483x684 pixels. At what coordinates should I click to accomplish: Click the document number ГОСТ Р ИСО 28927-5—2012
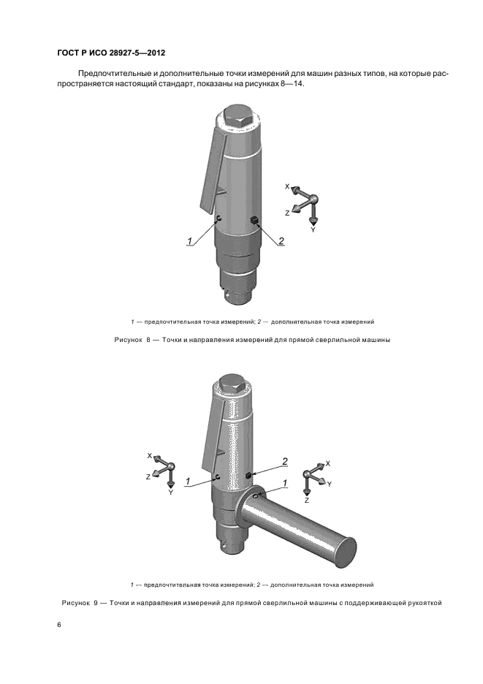[x=111, y=53]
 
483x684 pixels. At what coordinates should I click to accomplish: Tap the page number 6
[x=59, y=625]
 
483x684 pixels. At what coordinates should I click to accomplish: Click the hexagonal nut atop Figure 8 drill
[x=237, y=118]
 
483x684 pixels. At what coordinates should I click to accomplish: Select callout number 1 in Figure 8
[x=190, y=241]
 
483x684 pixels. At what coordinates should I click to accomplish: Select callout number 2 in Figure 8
[x=281, y=241]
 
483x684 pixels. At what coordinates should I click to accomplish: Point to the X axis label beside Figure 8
[x=287, y=186]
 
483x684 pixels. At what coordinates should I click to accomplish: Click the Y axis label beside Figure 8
[x=313, y=230]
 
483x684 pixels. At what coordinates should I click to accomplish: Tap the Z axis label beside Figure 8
[x=287, y=213]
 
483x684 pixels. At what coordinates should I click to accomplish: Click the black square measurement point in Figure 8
[x=254, y=221]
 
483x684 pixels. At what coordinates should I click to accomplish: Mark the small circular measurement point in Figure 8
[x=219, y=218]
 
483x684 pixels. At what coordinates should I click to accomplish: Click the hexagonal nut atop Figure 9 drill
[x=235, y=386]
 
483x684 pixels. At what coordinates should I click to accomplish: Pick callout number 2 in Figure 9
[x=285, y=461]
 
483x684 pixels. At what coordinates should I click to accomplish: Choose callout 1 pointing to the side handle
[x=286, y=483]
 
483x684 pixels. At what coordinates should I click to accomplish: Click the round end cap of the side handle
[x=344, y=552]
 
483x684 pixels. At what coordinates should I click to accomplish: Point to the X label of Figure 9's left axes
[x=150, y=455]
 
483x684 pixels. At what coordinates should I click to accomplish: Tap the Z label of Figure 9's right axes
[x=307, y=501]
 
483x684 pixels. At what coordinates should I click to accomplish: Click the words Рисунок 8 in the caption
[x=133, y=340]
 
